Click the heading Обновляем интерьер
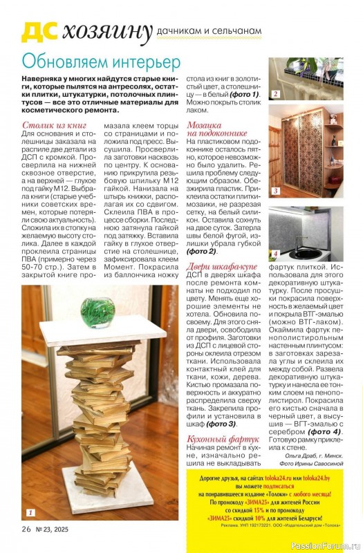101,62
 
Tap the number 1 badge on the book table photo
30,513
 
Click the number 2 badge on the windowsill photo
274,94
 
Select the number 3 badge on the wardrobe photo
274,190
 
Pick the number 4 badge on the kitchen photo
274,254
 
